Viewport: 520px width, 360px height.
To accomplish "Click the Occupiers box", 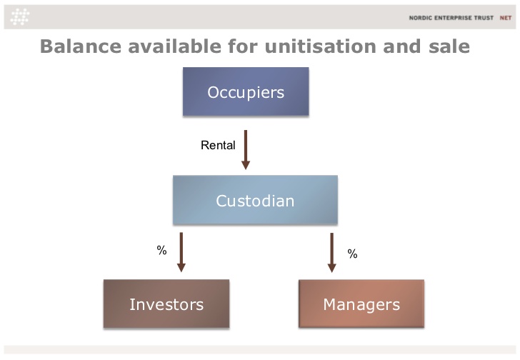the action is click(x=246, y=91).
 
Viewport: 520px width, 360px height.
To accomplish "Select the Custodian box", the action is click(x=255, y=200).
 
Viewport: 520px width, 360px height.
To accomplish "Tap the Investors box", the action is click(x=166, y=304).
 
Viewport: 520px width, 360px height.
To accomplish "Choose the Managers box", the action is click(x=361, y=304).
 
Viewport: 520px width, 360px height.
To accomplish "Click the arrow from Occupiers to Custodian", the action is click(x=246, y=150).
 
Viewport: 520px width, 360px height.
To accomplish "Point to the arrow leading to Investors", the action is click(x=181, y=252).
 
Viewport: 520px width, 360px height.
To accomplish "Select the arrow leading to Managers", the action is click(x=331, y=253).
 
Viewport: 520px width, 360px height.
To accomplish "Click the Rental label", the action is click(x=218, y=145).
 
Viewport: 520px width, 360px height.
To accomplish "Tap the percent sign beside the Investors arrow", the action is click(x=161, y=250).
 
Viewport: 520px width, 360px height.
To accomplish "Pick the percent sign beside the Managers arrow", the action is click(x=353, y=254).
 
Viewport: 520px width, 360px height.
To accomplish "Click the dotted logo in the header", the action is click(x=20, y=17).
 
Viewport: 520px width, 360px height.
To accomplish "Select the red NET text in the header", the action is click(x=506, y=18).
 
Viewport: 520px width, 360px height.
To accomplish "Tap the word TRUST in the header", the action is click(x=484, y=18).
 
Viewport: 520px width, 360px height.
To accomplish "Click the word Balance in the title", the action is click(x=81, y=46).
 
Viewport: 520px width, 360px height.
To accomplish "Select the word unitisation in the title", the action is click(x=320, y=46).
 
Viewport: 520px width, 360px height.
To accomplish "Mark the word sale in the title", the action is click(x=449, y=46).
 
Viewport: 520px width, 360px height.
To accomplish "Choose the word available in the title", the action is click(x=175, y=46).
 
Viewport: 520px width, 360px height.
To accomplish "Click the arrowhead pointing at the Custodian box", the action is click(x=246, y=165).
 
